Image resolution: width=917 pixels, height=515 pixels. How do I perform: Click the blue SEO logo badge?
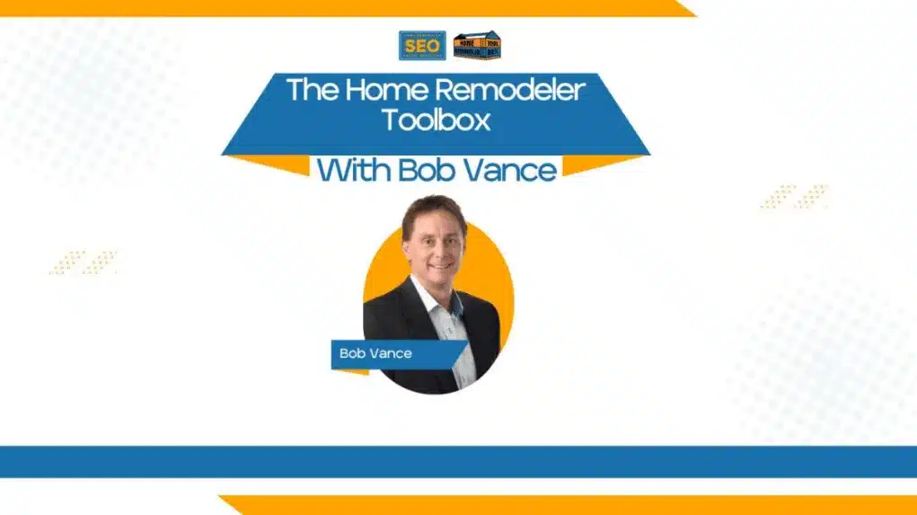[421, 46]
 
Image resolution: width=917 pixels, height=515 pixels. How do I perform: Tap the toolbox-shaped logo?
[477, 46]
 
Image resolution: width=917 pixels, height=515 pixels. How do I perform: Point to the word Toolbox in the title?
[436, 120]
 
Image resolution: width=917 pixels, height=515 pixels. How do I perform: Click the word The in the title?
[306, 90]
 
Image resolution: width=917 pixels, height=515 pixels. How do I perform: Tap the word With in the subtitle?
[355, 170]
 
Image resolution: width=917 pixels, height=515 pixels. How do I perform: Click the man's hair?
[433, 210]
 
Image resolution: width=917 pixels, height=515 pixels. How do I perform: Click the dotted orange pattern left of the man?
[84, 262]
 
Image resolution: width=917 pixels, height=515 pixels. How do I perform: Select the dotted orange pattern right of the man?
[794, 197]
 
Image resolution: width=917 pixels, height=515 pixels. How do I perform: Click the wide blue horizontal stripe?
[458, 461]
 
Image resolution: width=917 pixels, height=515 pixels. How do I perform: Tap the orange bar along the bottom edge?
[566, 505]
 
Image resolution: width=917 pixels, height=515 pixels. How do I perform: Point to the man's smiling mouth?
[436, 265]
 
